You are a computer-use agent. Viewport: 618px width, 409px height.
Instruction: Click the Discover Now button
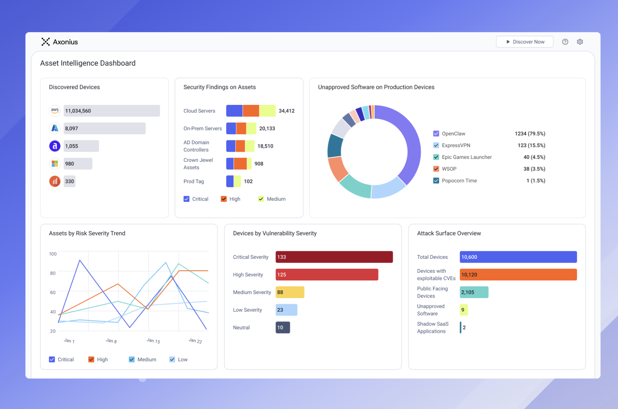[x=524, y=42]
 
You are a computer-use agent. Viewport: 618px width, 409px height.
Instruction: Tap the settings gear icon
[x=579, y=42]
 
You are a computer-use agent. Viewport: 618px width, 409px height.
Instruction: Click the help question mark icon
[x=565, y=42]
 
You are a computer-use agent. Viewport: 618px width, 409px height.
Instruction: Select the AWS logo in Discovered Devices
[x=55, y=111]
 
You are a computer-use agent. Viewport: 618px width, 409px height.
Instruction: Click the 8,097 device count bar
[x=105, y=128]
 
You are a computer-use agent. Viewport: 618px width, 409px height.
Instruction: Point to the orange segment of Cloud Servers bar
[x=251, y=111]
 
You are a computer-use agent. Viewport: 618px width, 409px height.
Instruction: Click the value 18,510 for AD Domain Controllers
[x=265, y=146]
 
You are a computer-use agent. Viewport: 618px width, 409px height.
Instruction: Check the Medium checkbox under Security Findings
[x=261, y=199]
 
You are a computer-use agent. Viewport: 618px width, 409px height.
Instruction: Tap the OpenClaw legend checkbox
[x=436, y=134]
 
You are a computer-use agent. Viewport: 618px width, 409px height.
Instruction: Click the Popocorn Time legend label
[x=459, y=180]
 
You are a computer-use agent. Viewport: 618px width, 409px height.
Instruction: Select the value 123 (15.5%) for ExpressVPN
[x=531, y=145]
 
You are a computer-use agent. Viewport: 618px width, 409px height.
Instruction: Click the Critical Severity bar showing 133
[x=334, y=257]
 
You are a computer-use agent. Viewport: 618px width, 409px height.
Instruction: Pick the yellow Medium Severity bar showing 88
[x=290, y=292]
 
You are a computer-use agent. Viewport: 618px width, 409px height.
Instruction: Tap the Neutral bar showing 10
[x=283, y=328]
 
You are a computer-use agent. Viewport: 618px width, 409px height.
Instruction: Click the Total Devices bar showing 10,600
[x=518, y=257]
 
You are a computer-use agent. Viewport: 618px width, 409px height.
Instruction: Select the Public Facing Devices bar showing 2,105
[x=474, y=292]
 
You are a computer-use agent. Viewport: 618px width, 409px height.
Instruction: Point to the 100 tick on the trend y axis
[x=53, y=254]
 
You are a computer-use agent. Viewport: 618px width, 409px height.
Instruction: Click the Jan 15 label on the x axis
[x=153, y=341]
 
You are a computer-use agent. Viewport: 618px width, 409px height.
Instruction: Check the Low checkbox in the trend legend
[x=172, y=360]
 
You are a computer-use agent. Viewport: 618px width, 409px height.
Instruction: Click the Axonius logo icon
[x=46, y=42]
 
